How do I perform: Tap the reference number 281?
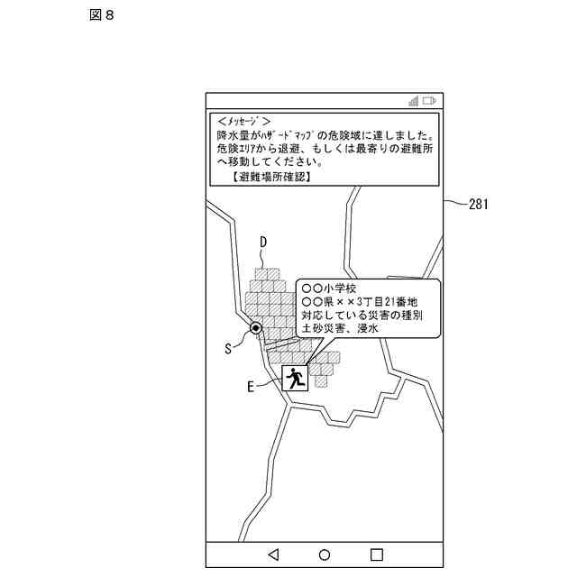coord(478,204)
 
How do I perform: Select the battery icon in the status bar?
coord(429,100)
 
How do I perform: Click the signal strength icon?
coord(413,100)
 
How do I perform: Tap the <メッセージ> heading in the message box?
coord(243,120)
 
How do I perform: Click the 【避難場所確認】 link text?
coord(270,178)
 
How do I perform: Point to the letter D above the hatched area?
coord(264,242)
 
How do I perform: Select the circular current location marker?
coord(257,328)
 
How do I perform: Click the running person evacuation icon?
coord(295,378)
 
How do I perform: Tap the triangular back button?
coord(274,554)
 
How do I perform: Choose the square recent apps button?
coord(377,554)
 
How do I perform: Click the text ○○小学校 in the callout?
coord(335,288)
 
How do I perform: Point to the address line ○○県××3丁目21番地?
coord(360,303)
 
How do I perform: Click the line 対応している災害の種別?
coord(362,317)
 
